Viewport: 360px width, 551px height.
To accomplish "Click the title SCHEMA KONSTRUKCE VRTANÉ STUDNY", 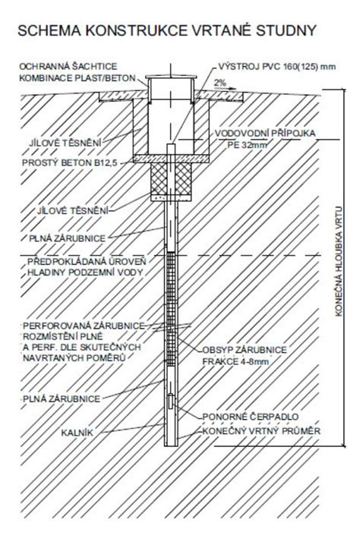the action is click(x=167, y=30).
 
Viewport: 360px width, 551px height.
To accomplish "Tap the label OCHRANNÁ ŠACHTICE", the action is click(x=68, y=67).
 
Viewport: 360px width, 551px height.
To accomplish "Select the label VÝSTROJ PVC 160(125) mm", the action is click(x=276, y=67).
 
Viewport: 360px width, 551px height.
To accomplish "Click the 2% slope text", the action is click(x=220, y=83).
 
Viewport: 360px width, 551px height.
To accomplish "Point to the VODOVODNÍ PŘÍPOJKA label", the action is click(x=265, y=134).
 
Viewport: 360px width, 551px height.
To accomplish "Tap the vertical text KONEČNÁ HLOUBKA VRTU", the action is click(x=339, y=261).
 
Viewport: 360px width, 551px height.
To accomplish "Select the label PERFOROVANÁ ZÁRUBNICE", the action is click(x=84, y=326).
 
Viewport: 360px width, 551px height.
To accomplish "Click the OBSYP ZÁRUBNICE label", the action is click(x=245, y=350).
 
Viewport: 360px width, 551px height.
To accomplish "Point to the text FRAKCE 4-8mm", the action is click(x=235, y=361).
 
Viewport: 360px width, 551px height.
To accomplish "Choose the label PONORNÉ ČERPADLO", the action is click(x=251, y=417).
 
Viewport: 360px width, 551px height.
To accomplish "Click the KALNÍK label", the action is click(x=77, y=433).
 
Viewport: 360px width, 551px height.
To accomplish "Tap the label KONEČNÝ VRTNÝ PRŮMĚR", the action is click(x=261, y=430).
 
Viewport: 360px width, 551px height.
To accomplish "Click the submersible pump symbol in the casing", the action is click(x=171, y=401).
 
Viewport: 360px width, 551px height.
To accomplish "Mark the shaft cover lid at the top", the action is click(x=171, y=77).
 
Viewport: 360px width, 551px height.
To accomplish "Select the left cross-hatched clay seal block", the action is click(x=159, y=179).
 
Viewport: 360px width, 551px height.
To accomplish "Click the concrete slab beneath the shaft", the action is click(x=171, y=159).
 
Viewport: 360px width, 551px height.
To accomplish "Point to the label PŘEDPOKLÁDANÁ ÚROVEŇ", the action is click(x=87, y=261).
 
